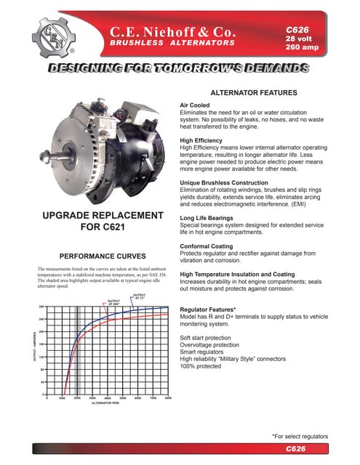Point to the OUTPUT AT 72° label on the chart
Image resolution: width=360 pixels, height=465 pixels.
tap(140, 296)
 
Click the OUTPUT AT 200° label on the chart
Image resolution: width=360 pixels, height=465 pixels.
tap(113, 302)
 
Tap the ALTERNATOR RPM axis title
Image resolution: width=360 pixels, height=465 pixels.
tap(107, 403)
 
